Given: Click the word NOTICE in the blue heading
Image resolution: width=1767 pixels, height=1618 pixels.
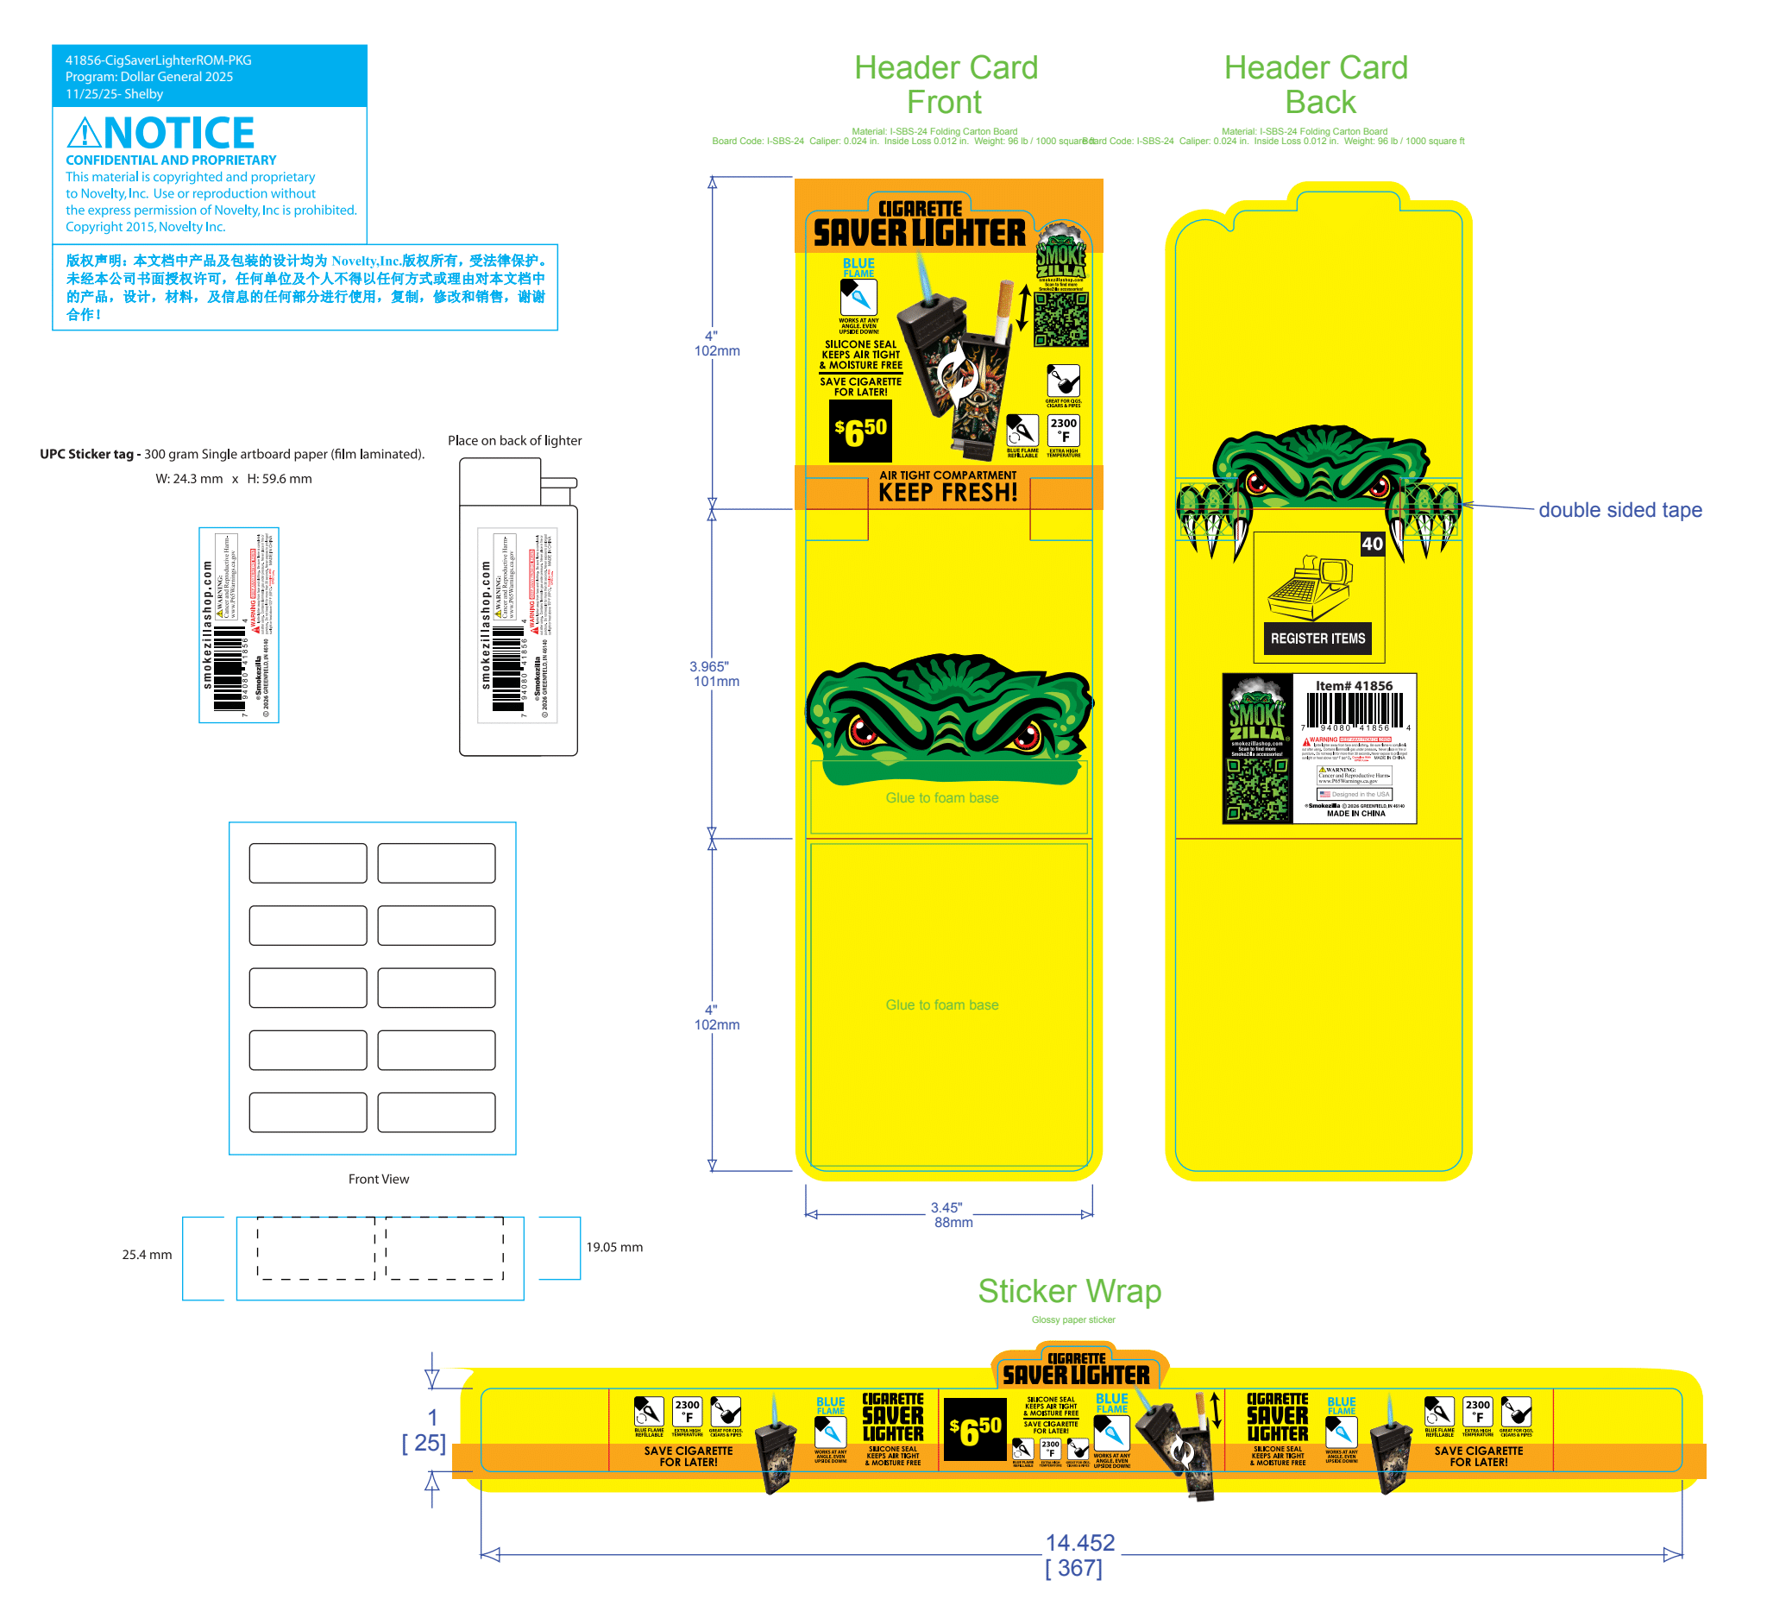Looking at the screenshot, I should pyautogui.click(x=179, y=134).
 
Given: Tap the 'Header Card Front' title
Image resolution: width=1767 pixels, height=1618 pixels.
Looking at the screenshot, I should pyautogui.click(x=946, y=85).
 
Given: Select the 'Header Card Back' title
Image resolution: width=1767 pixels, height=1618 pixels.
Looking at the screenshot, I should pyautogui.click(x=1316, y=85).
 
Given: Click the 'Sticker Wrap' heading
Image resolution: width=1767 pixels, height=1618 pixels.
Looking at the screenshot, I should pyautogui.click(x=1069, y=1292).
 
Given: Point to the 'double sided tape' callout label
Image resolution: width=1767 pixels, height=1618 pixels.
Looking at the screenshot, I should pyautogui.click(x=1619, y=510).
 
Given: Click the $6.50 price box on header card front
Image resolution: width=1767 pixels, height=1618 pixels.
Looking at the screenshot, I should pyautogui.click(x=860, y=431).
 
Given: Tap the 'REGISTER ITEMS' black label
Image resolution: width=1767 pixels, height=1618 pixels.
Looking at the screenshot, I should pyautogui.click(x=1317, y=639).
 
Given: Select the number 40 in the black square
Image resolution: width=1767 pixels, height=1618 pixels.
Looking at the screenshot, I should pyautogui.click(x=1372, y=545).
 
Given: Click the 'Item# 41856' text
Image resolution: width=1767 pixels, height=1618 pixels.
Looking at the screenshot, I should pyautogui.click(x=1354, y=686).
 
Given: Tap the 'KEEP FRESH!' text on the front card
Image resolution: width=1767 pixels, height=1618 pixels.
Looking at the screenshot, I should pyautogui.click(x=948, y=493).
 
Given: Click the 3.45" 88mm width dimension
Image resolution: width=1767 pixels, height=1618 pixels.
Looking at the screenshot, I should pyautogui.click(x=950, y=1215).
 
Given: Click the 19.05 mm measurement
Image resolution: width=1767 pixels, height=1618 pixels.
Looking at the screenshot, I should pyautogui.click(x=613, y=1247).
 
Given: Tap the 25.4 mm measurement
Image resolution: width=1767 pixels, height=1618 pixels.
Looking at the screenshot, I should pyautogui.click(x=147, y=1255).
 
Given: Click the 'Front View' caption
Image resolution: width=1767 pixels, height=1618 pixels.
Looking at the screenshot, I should pyautogui.click(x=379, y=1180).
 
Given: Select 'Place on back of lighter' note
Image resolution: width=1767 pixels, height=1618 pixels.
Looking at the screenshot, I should pyautogui.click(x=514, y=441).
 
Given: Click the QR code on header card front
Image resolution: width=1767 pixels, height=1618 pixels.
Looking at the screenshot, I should pyautogui.click(x=1060, y=318).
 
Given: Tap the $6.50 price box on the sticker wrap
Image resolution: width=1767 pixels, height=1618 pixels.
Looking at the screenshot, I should pyautogui.click(x=975, y=1430).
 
